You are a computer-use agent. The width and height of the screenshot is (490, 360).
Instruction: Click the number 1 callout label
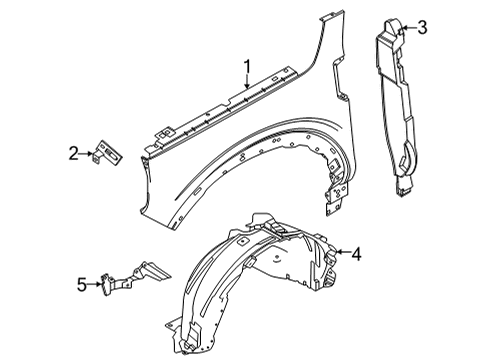click(246, 67)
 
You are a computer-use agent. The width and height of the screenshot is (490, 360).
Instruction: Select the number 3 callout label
click(422, 27)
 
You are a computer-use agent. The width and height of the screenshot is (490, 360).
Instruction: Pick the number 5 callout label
click(81, 283)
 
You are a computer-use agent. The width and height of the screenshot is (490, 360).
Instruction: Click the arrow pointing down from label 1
click(246, 87)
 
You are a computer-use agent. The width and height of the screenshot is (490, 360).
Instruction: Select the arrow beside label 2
click(89, 153)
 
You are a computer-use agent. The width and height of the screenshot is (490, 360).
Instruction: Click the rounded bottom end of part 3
click(405, 186)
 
